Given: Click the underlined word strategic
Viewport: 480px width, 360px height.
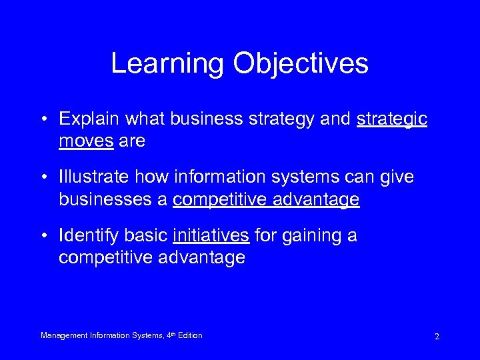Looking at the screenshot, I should pyautogui.click(x=392, y=119).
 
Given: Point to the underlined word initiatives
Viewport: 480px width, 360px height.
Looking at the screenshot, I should pyautogui.click(x=211, y=235).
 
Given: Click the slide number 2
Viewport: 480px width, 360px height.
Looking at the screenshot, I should pyautogui.click(x=437, y=336).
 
